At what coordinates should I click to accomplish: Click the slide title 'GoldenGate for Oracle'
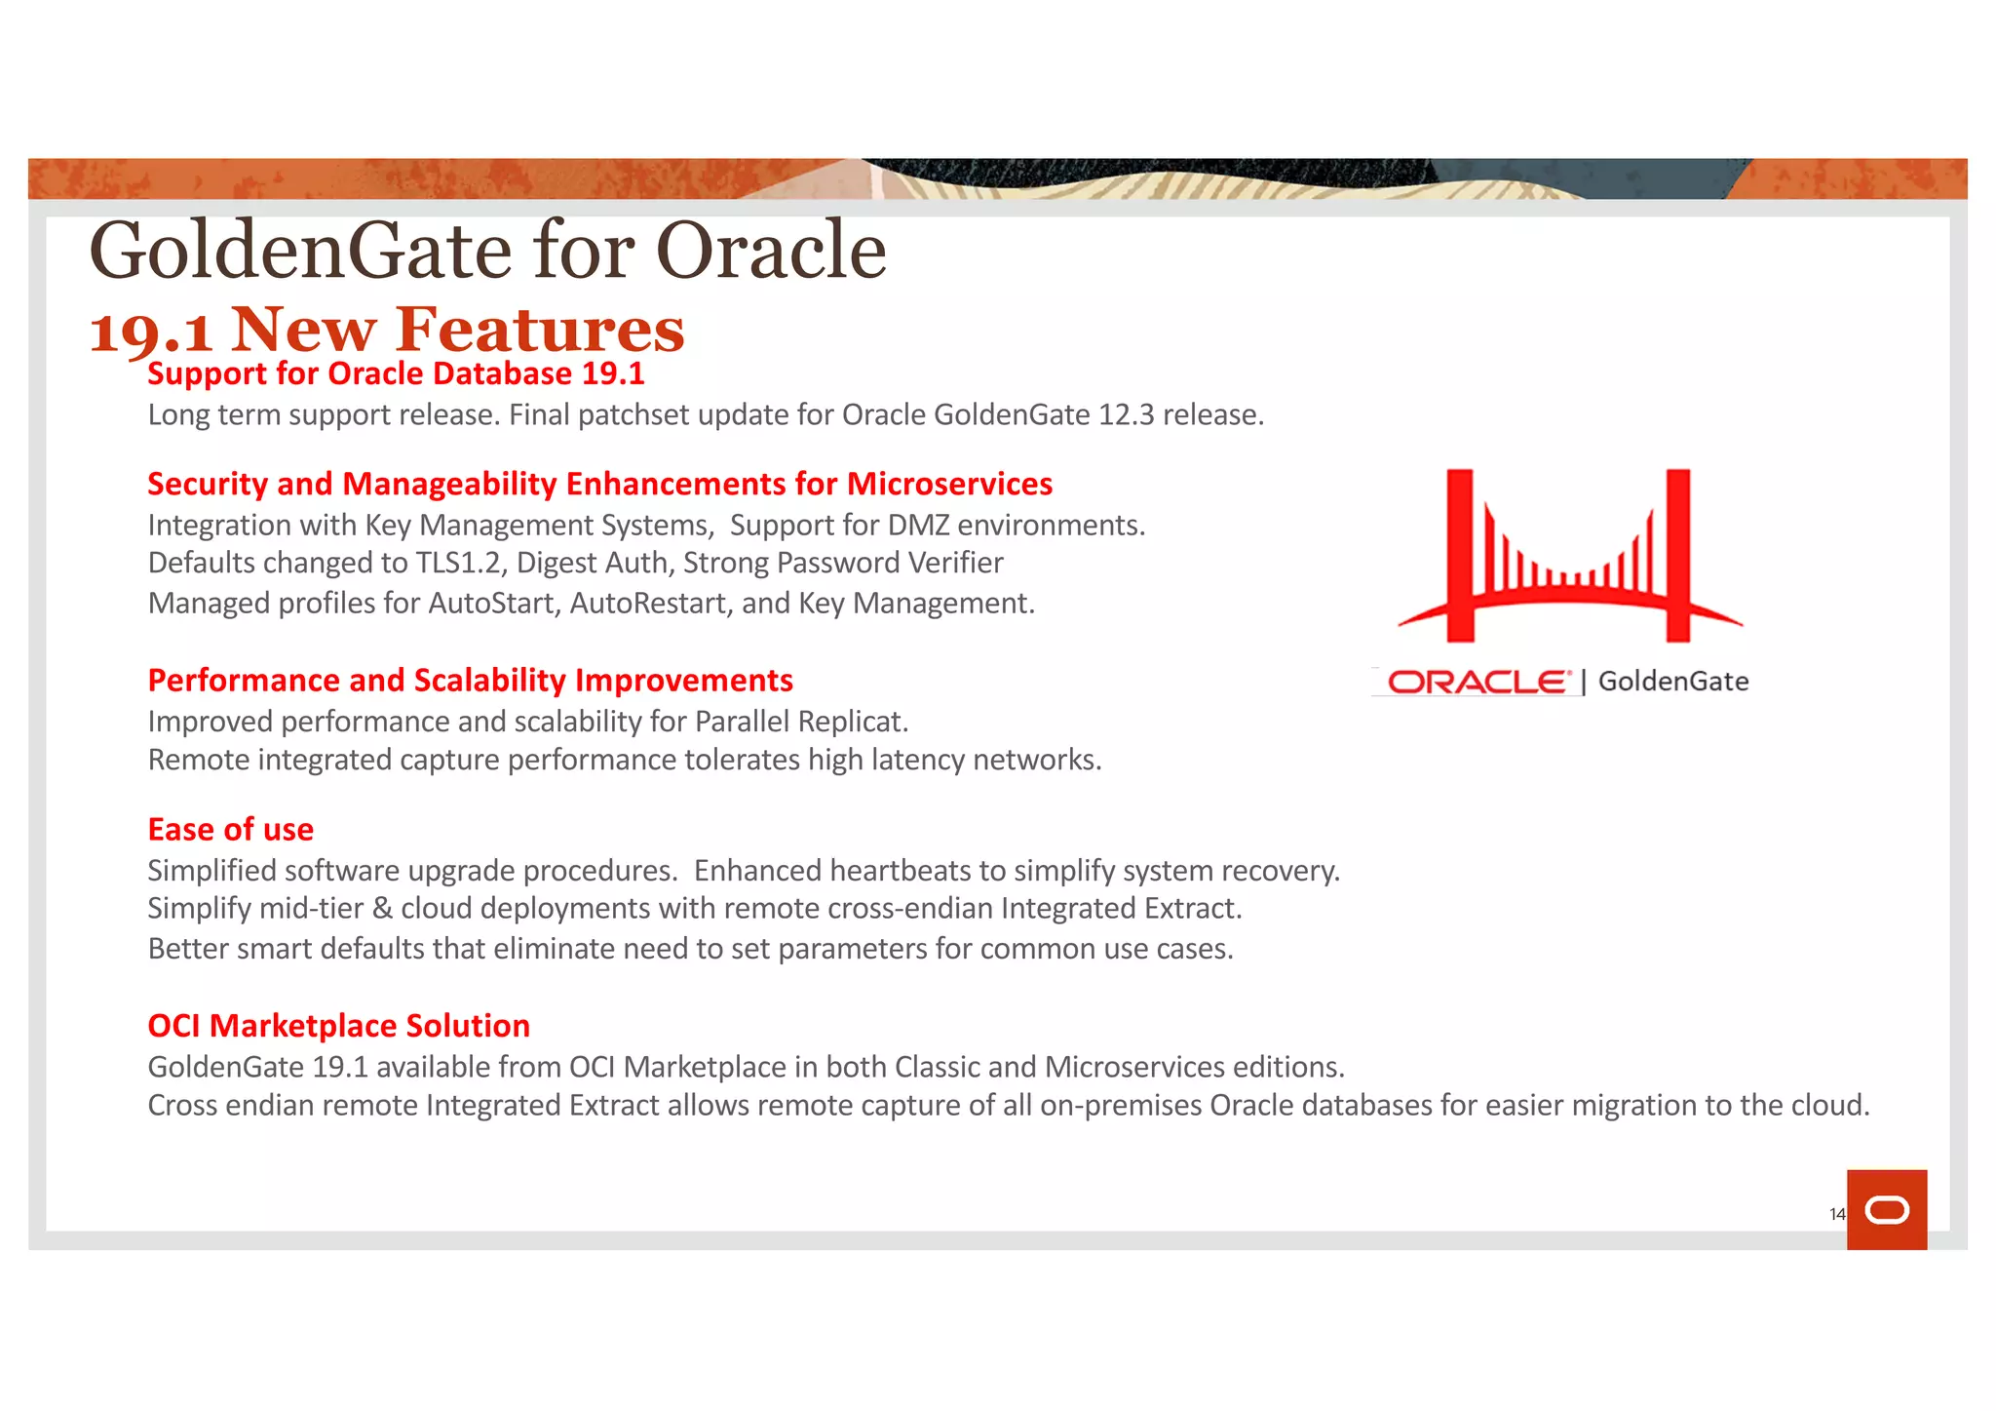click(x=487, y=251)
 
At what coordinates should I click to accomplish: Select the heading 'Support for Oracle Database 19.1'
click(x=396, y=373)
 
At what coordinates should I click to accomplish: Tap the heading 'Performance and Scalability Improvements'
click(x=470, y=680)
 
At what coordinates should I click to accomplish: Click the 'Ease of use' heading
click(x=230, y=829)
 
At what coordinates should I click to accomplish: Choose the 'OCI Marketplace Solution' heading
click(x=338, y=1025)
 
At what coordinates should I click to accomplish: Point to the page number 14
click(x=1836, y=1214)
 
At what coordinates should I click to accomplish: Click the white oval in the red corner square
click(x=1887, y=1210)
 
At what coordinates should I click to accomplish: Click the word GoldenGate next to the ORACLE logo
click(x=1672, y=682)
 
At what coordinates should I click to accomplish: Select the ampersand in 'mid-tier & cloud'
click(x=382, y=909)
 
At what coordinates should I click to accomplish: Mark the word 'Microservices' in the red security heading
click(x=949, y=484)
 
